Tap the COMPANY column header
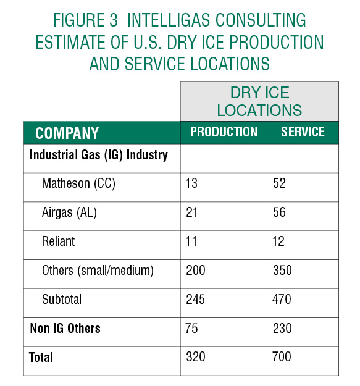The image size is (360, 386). click(67, 133)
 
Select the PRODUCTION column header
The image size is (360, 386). click(224, 132)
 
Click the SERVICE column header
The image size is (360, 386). click(303, 132)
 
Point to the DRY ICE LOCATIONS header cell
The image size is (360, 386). click(259, 101)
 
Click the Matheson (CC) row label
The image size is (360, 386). click(78, 183)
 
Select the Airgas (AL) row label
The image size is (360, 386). click(69, 212)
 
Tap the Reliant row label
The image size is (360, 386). click(58, 241)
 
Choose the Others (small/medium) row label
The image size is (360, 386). click(98, 271)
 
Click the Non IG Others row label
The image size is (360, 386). click(65, 328)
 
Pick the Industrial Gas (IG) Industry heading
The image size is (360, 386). click(99, 155)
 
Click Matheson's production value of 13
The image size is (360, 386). click(191, 183)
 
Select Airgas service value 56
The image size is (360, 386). click(279, 212)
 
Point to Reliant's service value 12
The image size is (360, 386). click(278, 241)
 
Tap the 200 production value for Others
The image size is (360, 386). click(195, 271)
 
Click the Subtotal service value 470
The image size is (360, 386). click(282, 300)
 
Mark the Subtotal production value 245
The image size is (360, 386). click(195, 300)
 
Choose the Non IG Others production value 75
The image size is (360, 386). click(191, 328)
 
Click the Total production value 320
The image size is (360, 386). click(195, 357)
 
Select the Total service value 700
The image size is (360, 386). click(282, 357)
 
